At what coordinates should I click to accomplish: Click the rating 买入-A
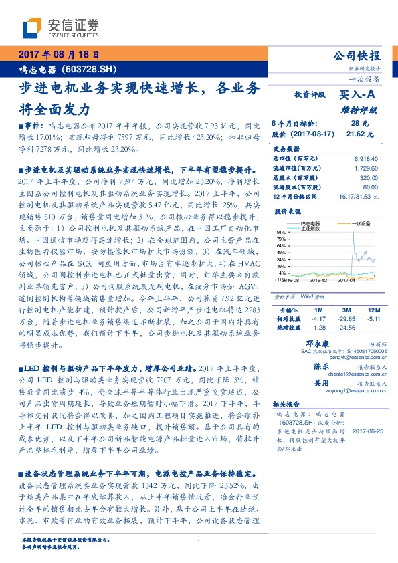(x=359, y=96)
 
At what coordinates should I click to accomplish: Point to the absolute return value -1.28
(x=318, y=328)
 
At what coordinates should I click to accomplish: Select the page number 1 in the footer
(x=199, y=542)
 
